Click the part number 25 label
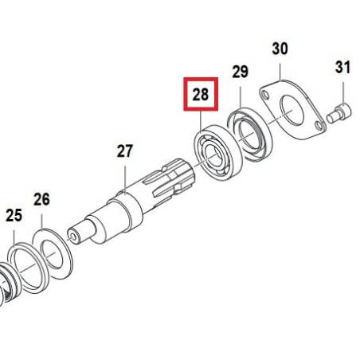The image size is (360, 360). point(14,215)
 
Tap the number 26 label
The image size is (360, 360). point(41,199)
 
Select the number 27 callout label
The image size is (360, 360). point(125,151)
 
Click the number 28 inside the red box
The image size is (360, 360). point(201,95)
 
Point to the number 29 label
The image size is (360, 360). point(241,72)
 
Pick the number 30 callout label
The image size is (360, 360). point(280,49)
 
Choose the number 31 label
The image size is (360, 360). point(342,68)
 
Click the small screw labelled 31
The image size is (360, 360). point(338,114)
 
